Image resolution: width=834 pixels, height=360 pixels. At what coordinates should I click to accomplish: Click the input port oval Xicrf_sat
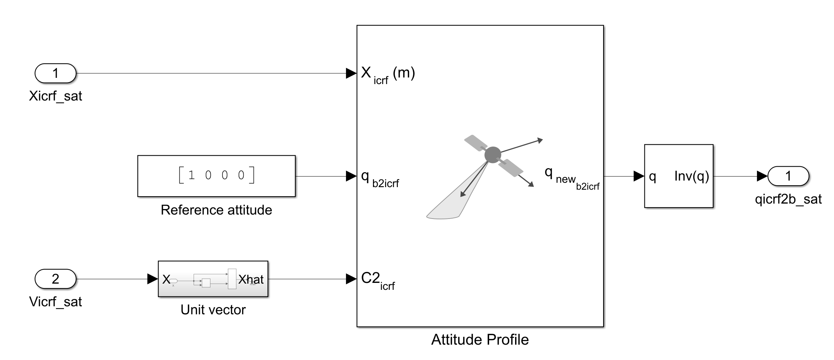(55, 73)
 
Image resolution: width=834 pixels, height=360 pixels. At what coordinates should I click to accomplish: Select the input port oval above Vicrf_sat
(55, 279)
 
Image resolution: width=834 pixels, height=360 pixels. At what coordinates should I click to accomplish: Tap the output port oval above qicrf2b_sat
(788, 176)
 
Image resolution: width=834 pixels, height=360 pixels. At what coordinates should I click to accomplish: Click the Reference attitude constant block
(216, 176)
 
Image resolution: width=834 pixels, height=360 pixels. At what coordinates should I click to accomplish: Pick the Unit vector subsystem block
(213, 279)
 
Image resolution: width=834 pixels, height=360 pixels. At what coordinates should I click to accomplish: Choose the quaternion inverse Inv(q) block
(678, 176)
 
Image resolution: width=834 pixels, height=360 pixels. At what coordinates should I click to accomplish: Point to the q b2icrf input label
(380, 178)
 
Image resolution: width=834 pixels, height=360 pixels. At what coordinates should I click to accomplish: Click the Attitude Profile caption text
(480, 340)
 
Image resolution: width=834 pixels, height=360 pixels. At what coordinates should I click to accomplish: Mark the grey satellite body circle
(492, 155)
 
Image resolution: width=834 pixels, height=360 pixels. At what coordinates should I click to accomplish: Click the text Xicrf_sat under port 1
(55, 96)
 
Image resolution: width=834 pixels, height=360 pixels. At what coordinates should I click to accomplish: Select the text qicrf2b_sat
(788, 199)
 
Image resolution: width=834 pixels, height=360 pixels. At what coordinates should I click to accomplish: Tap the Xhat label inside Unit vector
(251, 280)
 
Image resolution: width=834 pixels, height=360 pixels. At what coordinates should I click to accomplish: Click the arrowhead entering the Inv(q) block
(639, 176)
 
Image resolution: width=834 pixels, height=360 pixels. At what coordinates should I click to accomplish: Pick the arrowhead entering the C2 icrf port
(351, 279)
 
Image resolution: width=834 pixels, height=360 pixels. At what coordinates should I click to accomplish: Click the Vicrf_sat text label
(55, 302)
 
